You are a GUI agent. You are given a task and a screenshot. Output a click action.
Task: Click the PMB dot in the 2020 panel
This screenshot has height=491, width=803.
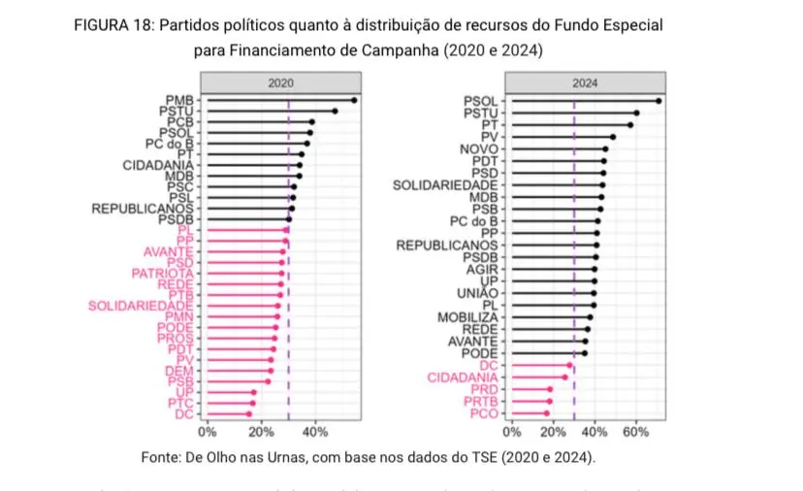354,100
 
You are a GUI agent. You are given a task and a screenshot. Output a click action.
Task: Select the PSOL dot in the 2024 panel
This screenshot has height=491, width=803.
658,100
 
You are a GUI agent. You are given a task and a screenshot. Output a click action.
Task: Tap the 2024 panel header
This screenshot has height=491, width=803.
585,83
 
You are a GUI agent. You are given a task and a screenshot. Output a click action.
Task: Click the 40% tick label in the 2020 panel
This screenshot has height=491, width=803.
316,432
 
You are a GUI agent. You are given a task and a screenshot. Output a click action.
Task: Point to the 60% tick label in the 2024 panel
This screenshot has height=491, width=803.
635,432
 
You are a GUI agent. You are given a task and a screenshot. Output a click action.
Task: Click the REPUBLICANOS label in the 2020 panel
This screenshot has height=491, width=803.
143,209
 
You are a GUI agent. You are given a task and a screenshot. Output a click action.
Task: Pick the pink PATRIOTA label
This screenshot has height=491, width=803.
163,274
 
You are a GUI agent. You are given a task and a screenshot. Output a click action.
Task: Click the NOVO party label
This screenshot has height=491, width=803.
479,148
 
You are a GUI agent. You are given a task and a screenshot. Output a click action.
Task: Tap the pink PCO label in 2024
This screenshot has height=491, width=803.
481,413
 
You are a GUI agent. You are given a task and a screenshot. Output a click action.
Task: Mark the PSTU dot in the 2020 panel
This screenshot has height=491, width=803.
336,111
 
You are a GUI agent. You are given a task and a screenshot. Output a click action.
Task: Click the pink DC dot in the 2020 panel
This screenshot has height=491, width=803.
249,413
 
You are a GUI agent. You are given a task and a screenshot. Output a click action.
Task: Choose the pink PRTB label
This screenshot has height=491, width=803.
479,401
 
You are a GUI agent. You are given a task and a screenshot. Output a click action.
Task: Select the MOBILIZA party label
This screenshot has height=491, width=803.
467,317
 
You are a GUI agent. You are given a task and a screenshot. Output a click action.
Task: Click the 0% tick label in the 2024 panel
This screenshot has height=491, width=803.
512,432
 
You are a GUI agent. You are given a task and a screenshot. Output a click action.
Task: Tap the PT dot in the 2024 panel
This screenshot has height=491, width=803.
630,124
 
